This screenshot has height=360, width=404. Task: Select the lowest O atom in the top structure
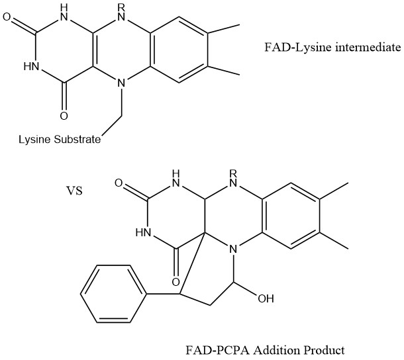click(x=64, y=116)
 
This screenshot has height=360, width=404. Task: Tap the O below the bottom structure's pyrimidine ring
click(x=176, y=271)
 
